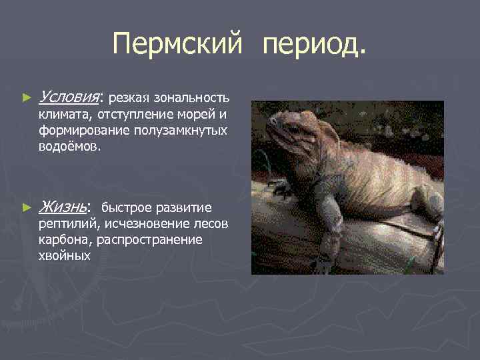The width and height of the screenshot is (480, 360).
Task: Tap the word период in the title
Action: click(315, 45)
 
